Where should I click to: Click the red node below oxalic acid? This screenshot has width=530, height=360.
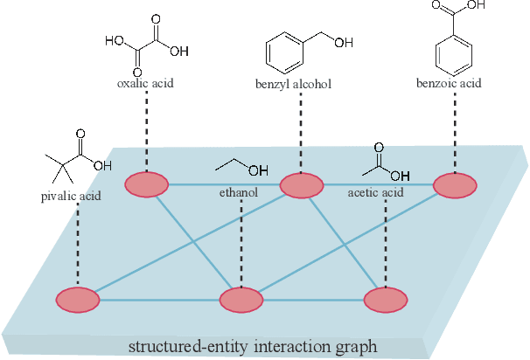pos(147,184)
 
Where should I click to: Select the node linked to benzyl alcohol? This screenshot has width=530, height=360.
pos(302,185)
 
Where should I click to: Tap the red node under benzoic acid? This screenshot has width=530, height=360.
pos(456,185)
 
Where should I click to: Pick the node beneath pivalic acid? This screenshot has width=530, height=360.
pos(78,299)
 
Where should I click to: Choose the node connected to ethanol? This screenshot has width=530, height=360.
pos(241,300)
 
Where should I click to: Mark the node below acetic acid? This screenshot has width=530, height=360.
pos(386,300)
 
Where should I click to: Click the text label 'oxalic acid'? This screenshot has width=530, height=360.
pos(145,85)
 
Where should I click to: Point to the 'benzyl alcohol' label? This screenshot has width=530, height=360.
pos(300,85)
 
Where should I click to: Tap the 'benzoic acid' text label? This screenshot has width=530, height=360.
pos(454,85)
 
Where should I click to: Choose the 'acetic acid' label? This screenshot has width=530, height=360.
pos(375,192)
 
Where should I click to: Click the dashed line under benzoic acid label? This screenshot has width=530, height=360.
pos(455,131)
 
